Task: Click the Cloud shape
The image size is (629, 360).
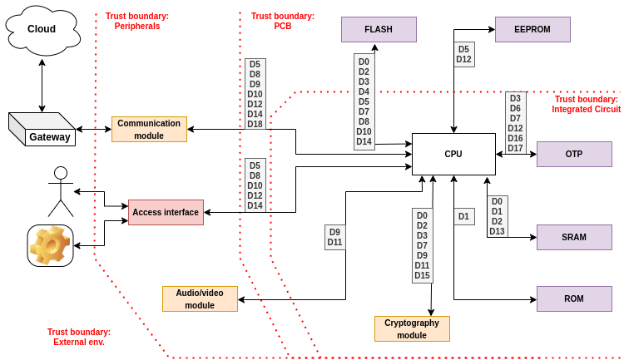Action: click(42, 29)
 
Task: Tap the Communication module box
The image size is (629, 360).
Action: click(149, 129)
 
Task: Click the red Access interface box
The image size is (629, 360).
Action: click(166, 212)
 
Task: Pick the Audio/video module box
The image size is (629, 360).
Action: click(200, 298)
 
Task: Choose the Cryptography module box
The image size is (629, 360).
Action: click(412, 328)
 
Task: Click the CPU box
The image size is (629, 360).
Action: click(453, 154)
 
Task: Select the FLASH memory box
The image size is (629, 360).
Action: click(379, 29)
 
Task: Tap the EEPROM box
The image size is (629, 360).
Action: click(532, 29)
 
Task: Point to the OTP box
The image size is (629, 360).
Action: click(574, 154)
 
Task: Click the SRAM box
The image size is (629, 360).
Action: click(574, 237)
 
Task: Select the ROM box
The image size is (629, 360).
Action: click(574, 298)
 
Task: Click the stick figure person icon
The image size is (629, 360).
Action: click(60, 191)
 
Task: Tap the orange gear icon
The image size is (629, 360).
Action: click(50, 245)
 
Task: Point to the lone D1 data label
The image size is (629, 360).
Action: click(463, 216)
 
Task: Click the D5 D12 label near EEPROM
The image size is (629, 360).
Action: click(463, 54)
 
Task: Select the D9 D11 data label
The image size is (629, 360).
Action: click(334, 237)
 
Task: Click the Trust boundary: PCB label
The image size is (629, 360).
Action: click(283, 21)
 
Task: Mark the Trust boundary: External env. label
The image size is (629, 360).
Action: click(79, 337)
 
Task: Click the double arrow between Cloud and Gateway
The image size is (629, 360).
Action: click(42, 85)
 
